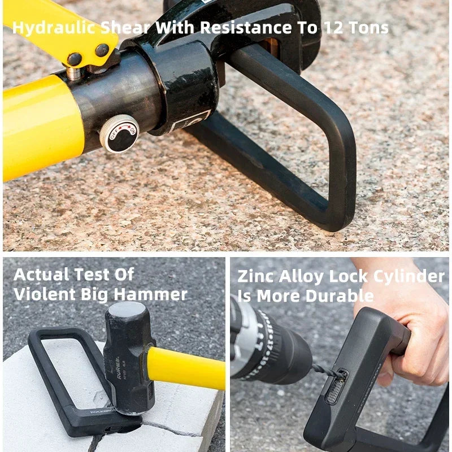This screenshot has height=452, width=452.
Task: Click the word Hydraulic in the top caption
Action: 54,28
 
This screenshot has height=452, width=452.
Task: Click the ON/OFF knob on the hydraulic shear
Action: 120,133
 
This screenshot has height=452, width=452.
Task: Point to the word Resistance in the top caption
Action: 246,28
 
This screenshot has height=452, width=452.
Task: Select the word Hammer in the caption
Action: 150,294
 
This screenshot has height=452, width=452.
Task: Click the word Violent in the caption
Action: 45,294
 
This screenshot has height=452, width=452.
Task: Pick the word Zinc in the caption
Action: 256,276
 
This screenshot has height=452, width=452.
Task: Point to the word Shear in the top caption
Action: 125,28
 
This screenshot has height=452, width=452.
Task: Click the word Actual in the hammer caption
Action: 42,275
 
